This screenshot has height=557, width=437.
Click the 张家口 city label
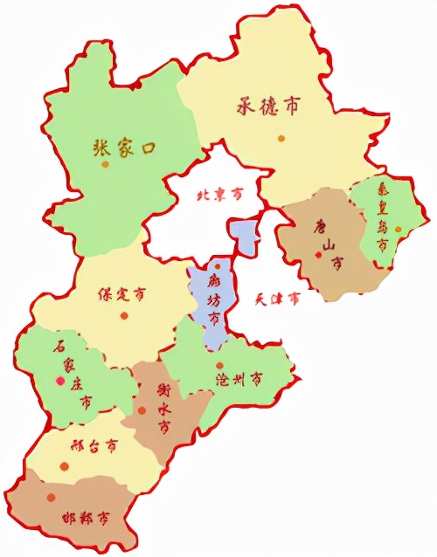[x=123, y=148]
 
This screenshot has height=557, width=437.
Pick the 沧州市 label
[x=239, y=380]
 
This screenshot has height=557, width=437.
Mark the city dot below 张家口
[x=105, y=165]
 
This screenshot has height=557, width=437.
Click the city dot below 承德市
[x=281, y=138]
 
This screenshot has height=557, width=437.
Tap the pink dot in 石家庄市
[x=59, y=381]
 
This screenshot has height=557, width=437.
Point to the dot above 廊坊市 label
[x=217, y=265]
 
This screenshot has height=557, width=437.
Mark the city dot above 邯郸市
[x=52, y=497]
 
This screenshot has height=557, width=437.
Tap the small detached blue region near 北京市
[x=243, y=234]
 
